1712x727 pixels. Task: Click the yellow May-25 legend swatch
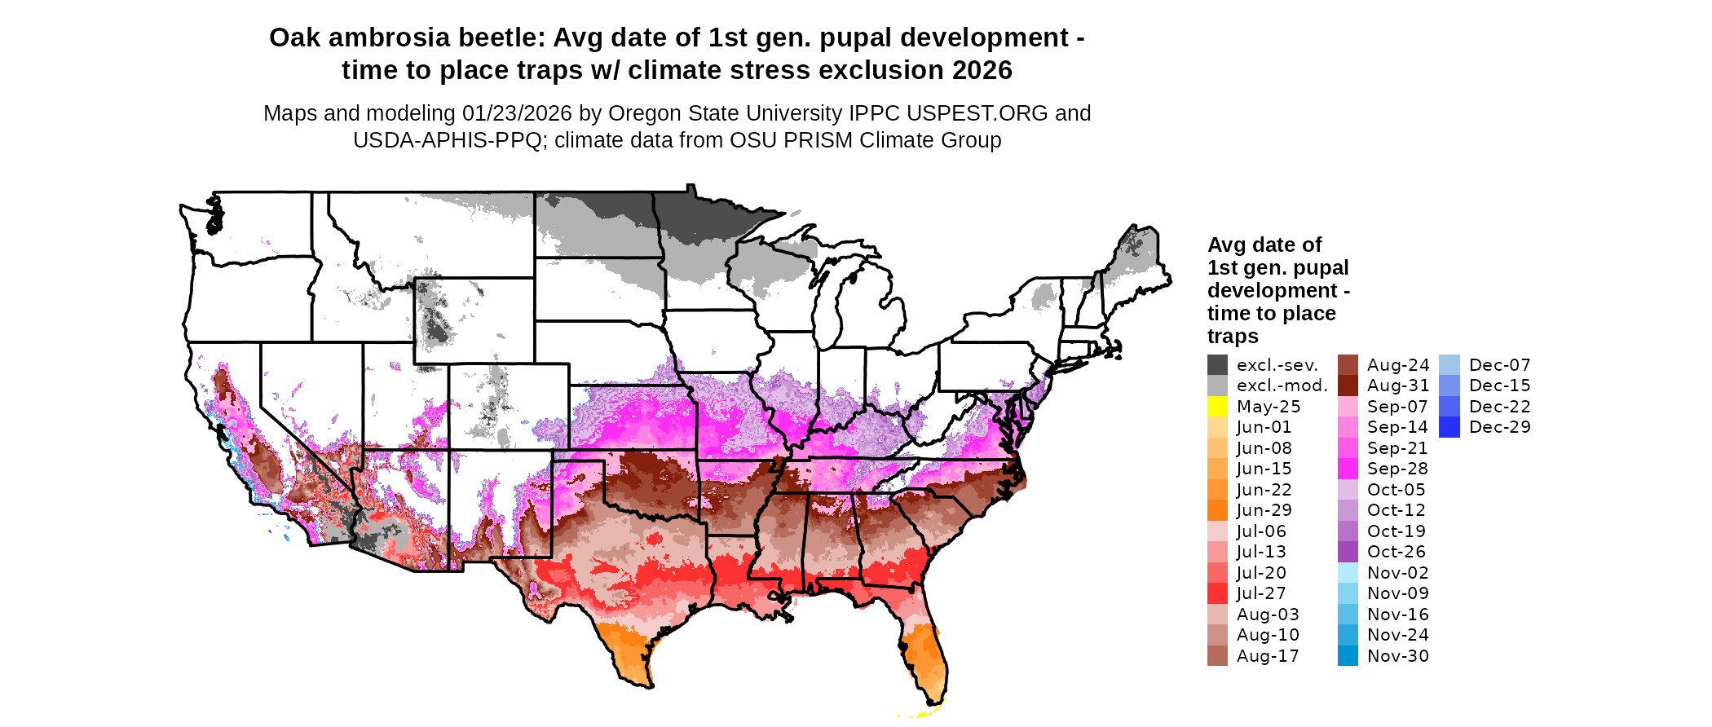1217,407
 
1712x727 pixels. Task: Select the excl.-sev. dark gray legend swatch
1217,365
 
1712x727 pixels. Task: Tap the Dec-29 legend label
1499,427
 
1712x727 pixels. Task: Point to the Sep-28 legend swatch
1348,469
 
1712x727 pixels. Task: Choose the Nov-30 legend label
1397,656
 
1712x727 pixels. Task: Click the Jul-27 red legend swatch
1217,593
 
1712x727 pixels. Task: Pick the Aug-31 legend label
1397,386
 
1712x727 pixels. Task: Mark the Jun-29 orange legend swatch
1217,510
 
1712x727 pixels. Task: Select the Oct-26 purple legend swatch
1348,552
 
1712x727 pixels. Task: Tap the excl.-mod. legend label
1282,386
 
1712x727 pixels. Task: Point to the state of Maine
1137,261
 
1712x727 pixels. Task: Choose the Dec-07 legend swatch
1449,365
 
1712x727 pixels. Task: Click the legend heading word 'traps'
1233,336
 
